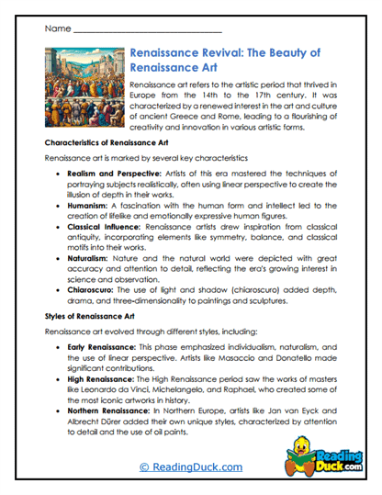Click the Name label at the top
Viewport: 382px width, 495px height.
(x=57, y=29)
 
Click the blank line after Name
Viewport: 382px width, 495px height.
(x=146, y=31)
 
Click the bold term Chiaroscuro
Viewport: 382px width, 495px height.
(x=95, y=289)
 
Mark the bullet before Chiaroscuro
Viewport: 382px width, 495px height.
(x=60, y=289)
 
